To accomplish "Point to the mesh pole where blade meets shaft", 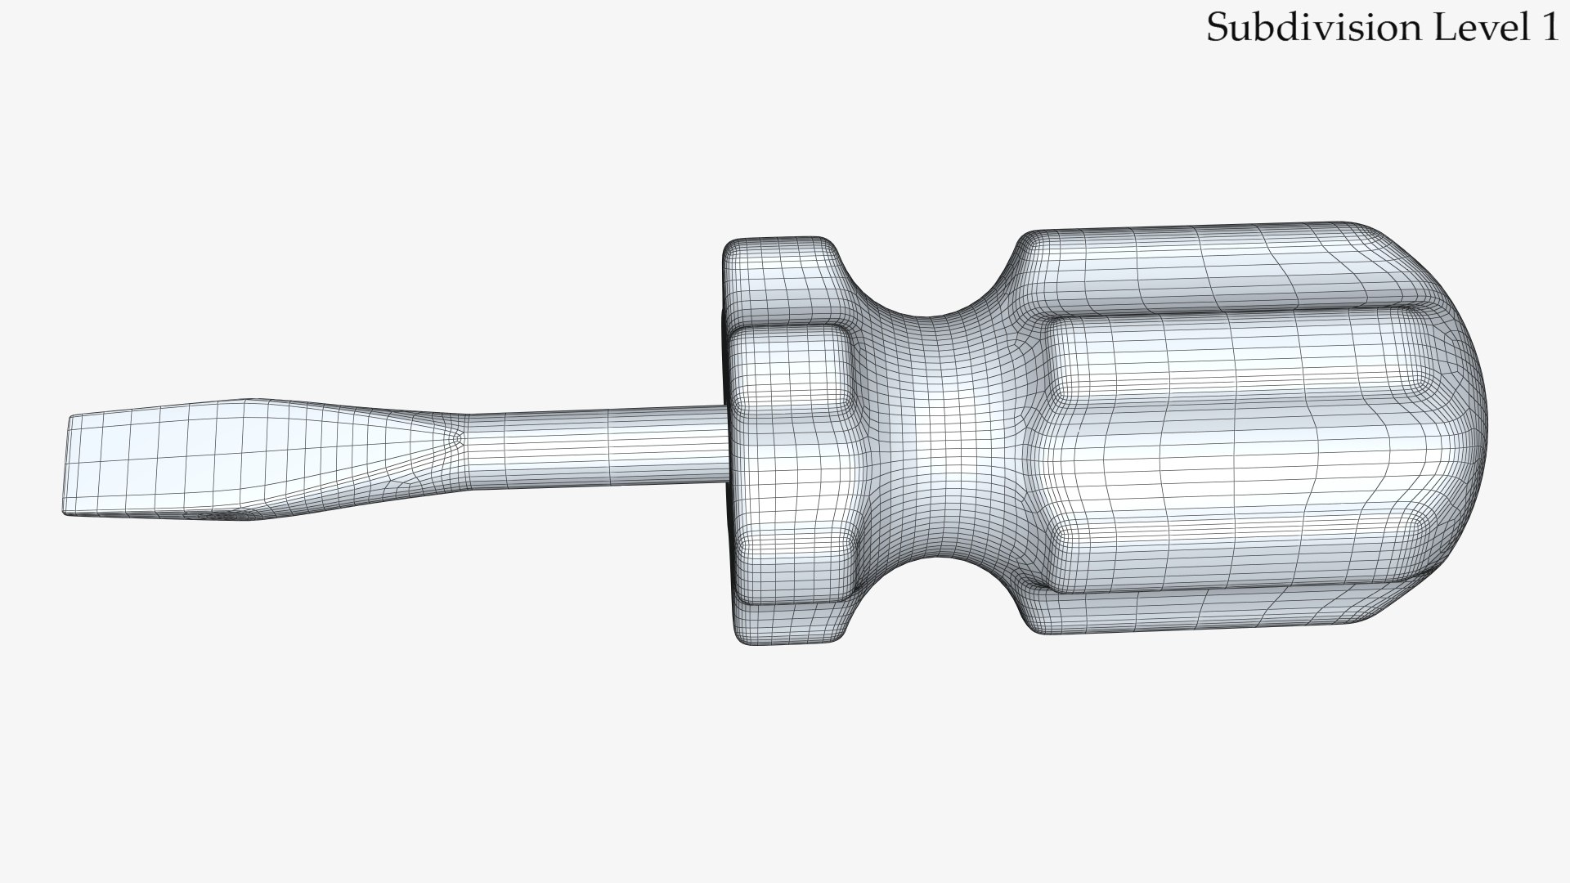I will pos(458,438).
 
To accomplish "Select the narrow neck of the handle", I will pos(940,441).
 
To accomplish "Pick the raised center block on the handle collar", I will pos(789,368).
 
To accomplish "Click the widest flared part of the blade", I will pos(245,458).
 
